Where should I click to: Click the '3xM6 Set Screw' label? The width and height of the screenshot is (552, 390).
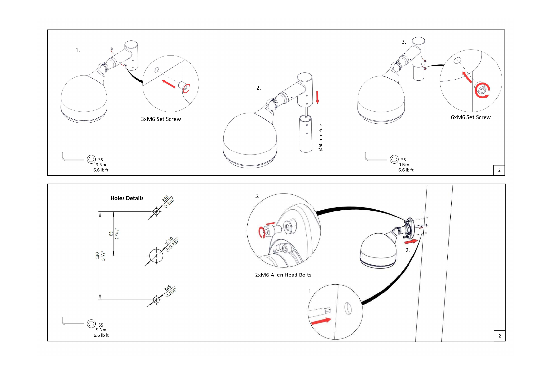pyautogui.click(x=161, y=119)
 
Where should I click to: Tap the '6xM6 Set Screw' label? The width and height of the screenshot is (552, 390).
pyautogui.click(x=471, y=117)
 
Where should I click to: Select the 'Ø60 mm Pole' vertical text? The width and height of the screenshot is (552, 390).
pyautogui.click(x=321, y=137)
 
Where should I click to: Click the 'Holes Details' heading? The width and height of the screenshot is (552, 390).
pyautogui.click(x=127, y=198)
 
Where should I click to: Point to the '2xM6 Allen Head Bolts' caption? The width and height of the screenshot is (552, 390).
pyautogui.click(x=283, y=275)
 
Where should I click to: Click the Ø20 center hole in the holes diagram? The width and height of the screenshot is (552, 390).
pyautogui.click(x=156, y=256)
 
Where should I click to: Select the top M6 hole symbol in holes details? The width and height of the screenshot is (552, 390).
pyautogui.click(x=156, y=211)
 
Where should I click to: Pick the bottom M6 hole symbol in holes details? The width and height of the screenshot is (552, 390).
pyautogui.click(x=156, y=300)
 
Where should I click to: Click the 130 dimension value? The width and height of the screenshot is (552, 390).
pyautogui.click(x=97, y=256)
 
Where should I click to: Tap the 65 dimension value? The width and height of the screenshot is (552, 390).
pyautogui.click(x=111, y=234)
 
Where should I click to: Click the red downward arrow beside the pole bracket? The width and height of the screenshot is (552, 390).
pyautogui.click(x=318, y=97)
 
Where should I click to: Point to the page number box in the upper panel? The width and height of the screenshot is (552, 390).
pyautogui.click(x=499, y=170)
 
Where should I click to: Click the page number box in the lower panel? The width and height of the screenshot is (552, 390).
pyautogui.click(x=500, y=336)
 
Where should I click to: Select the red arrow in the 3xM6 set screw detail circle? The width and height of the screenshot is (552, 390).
pyautogui.click(x=169, y=84)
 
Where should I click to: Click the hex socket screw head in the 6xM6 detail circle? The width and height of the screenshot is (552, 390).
pyautogui.click(x=482, y=90)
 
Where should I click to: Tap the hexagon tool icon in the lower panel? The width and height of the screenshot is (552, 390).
pyautogui.click(x=91, y=323)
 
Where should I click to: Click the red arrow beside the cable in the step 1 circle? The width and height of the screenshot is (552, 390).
pyautogui.click(x=321, y=321)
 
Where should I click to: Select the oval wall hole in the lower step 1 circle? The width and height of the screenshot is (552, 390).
pyautogui.click(x=348, y=308)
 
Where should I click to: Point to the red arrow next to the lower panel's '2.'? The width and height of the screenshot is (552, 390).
pyautogui.click(x=411, y=242)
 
